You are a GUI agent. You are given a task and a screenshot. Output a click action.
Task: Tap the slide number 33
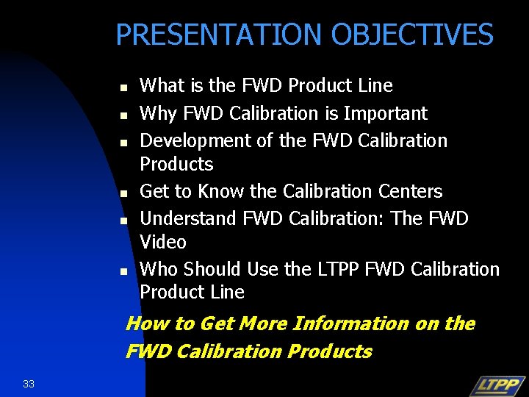click(29, 383)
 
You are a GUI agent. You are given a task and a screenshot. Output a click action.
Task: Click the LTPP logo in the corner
click(497, 385)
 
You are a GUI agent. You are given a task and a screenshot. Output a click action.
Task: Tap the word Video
click(163, 242)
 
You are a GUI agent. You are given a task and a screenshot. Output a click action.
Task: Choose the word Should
click(213, 269)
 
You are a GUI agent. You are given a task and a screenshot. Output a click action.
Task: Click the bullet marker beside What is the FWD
click(124, 87)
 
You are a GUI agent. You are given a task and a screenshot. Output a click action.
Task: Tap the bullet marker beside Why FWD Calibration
click(124, 115)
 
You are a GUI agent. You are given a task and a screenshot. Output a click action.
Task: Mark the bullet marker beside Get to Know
click(124, 193)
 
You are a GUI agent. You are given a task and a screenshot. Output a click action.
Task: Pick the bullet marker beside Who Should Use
click(124, 271)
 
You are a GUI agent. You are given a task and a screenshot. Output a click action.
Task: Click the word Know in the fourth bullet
click(223, 191)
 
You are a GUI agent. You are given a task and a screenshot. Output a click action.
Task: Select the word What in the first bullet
click(162, 85)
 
